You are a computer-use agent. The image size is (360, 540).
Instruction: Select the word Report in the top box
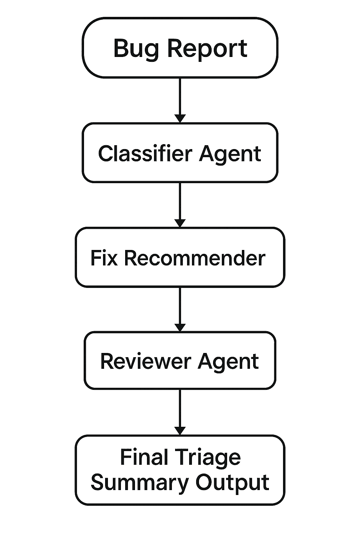(x=207, y=50)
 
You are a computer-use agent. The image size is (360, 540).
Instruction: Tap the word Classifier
(x=145, y=153)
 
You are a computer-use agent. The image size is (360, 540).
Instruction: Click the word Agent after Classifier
(x=230, y=155)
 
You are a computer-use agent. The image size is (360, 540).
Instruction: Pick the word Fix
(x=104, y=258)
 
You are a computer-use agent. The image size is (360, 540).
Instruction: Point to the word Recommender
(x=194, y=258)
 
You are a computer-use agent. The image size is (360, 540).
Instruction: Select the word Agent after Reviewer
(x=229, y=363)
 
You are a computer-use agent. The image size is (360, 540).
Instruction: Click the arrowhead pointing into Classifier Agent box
(x=180, y=118)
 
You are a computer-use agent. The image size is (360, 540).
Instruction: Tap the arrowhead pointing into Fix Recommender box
(x=180, y=223)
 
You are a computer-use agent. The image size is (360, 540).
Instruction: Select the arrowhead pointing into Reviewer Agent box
(x=180, y=327)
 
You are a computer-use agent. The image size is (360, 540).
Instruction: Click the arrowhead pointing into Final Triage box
(x=180, y=431)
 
